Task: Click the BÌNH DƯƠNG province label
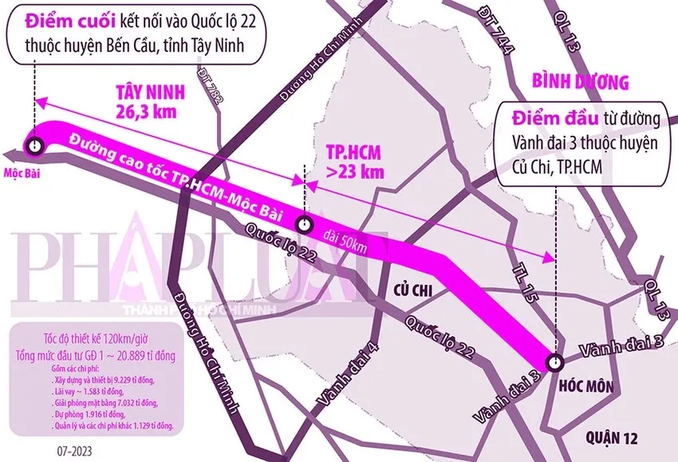point(580,81)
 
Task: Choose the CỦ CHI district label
point(412,291)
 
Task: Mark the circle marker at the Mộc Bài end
point(34,145)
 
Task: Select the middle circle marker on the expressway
point(304,223)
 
